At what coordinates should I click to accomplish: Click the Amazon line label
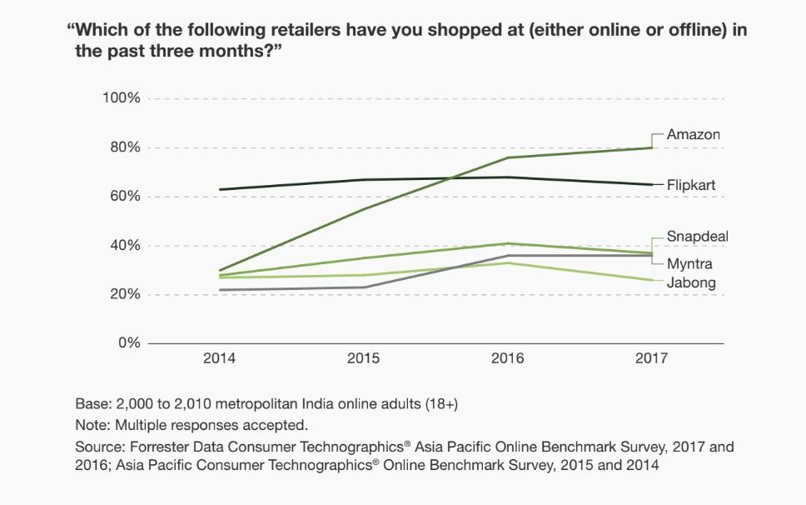point(693,135)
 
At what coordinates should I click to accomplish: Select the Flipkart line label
point(691,185)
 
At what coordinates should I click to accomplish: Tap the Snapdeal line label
point(697,237)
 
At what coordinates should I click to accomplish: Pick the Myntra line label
point(690,264)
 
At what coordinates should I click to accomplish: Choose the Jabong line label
point(691,283)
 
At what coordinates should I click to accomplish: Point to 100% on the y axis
point(121,99)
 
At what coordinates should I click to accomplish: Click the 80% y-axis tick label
point(124,148)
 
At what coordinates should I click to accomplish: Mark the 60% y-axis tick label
point(124,197)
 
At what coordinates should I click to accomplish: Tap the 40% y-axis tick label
point(124,246)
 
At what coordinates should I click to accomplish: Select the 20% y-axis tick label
point(124,295)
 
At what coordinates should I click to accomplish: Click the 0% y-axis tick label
point(127,343)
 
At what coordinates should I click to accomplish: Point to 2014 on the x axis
point(220,359)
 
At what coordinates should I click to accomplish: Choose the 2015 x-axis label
point(364,359)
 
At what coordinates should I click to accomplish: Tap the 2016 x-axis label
point(508,359)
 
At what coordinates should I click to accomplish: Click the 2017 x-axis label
point(652,359)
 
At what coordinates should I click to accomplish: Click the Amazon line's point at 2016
point(508,157)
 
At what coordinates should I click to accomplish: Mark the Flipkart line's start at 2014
point(220,189)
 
